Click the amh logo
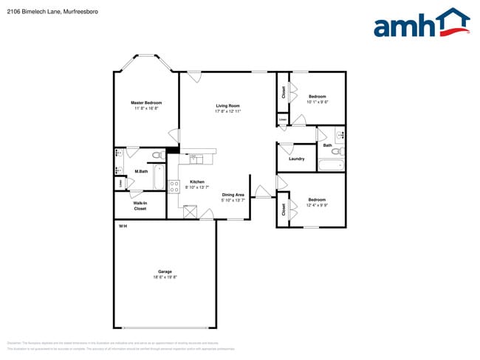point(421,24)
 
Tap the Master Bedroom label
point(146,103)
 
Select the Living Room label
point(228,105)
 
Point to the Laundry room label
point(297,159)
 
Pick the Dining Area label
point(233,195)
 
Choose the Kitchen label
point(197,181)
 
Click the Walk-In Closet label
point(140,206)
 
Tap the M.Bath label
point(140,172)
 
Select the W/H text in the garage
point(123,225)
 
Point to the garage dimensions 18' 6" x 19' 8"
point(165,277)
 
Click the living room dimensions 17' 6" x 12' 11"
point(228,111)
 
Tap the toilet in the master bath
point(157,155)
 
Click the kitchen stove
point(174,187)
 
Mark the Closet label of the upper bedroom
point(284,92)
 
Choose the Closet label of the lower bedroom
point(284,210)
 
